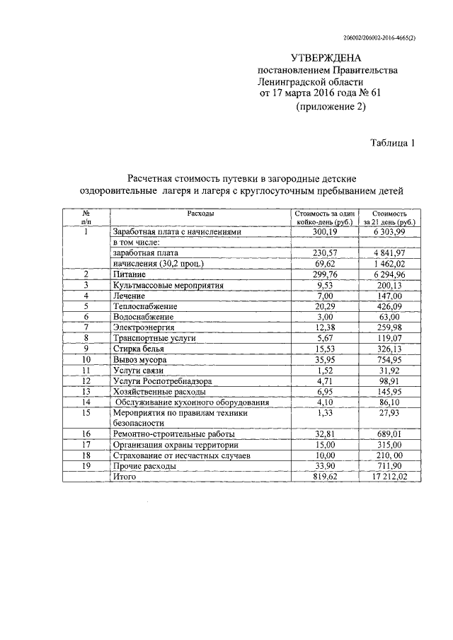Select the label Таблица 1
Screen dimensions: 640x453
(x=392, y=143)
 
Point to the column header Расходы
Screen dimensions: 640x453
(x=200, y=213)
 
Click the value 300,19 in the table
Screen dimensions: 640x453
(x=325, y=232)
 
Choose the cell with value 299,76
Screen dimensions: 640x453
(x=325, y=274)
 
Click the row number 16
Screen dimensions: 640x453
(x=86, y=434)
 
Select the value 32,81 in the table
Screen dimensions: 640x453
(x=325, y=434)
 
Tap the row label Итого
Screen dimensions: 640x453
(x=123, y=477)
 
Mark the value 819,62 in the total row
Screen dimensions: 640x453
(x=325, y=477)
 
